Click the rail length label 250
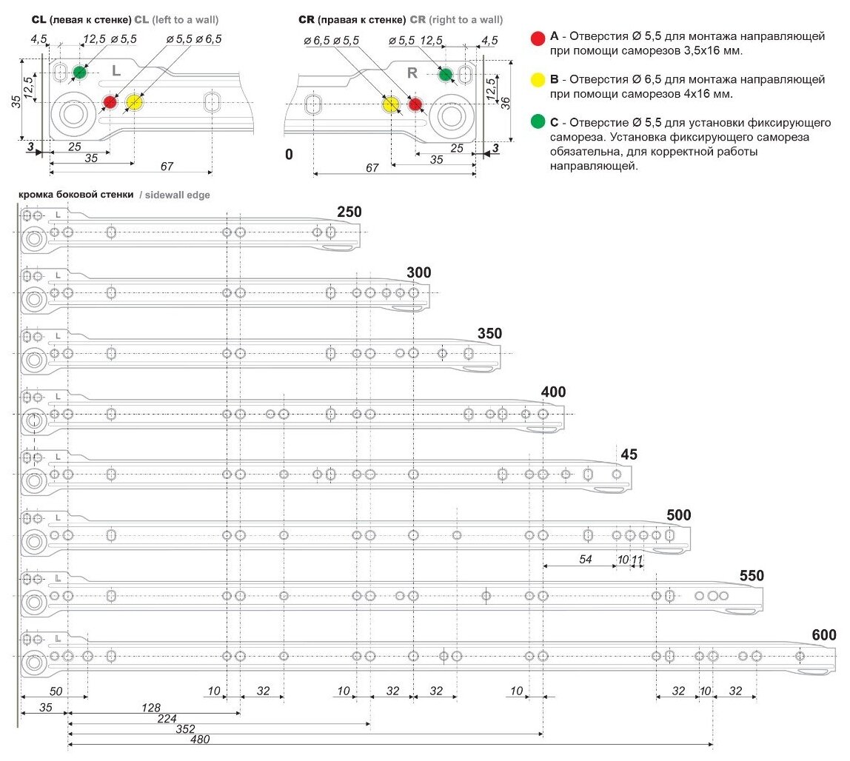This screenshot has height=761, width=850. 349,212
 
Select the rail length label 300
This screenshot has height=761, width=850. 418,272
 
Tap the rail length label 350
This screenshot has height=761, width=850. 489,334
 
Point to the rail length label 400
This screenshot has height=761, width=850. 553,392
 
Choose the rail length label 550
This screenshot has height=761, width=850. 752,575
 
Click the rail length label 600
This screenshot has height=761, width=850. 823,635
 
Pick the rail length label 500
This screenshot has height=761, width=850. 678,515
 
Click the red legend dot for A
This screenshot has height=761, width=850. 538,36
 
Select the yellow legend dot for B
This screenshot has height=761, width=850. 538,78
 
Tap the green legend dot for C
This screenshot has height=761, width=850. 538,121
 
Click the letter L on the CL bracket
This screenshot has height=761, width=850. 116,70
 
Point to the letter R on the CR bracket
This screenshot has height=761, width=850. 413,73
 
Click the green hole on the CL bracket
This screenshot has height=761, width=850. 79,73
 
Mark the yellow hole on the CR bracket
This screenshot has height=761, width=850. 390,104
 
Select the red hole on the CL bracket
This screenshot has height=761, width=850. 110,102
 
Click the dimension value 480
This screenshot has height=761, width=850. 200,739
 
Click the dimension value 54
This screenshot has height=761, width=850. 585,559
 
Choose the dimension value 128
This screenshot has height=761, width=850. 152,708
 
